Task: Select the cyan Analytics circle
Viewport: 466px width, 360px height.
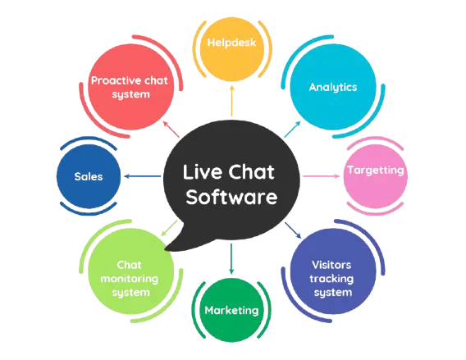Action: pyautogui.click(x=332, y=87)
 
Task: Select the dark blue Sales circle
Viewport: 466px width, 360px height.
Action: pyautogui.click(x=89, y=176)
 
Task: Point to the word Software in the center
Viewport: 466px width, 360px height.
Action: pyautogui.click(x=232, y=198)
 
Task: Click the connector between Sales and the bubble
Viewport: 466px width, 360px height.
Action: pyautogui.click(x=143, y=174)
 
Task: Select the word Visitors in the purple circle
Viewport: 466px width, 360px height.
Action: pyautogui.click(x=332, y=265)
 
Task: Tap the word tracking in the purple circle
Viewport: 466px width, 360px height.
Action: pyautogui.click(x=332, y=278)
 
